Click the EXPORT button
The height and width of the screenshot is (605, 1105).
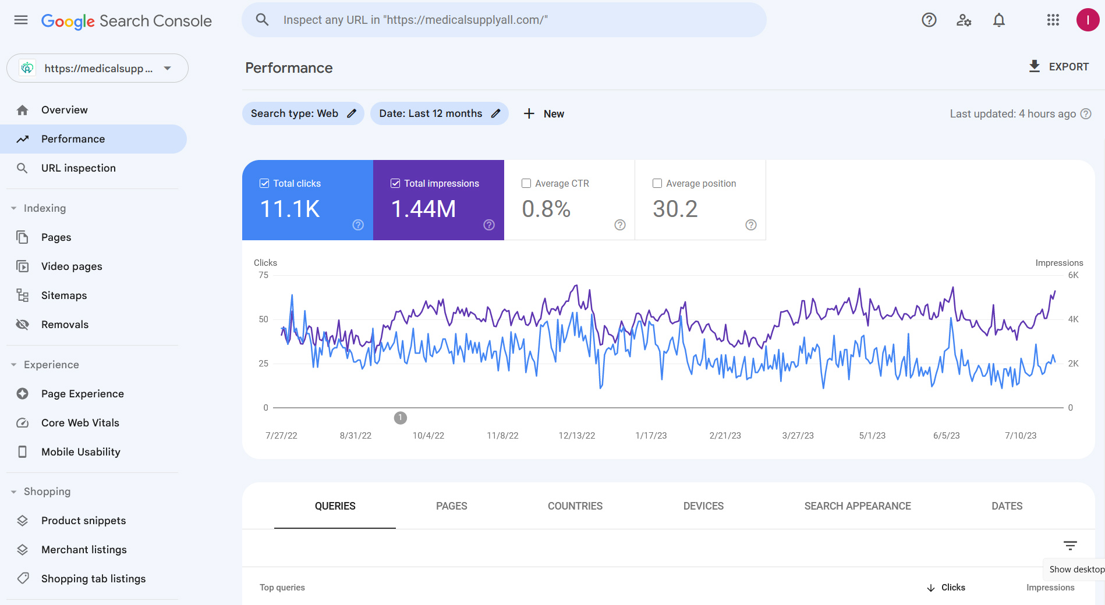(x=1058, y=67)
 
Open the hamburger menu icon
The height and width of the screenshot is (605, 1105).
(x=21, y=20)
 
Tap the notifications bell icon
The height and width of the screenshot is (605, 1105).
(x=999, y=20)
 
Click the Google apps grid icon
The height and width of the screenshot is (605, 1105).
(x=1053, y=20)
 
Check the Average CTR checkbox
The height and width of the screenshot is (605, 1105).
(x=526, y=183)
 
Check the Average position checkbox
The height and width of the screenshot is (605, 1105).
(x=657, y=183)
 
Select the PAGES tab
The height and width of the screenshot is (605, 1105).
(x=452, y=506)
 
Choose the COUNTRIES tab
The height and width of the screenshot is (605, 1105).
(x=575, y=506)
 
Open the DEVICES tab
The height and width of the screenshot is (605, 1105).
(x=703, y=506)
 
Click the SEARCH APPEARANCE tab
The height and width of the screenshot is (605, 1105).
(x=858, y=506)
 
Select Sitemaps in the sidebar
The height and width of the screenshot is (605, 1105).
(x=64, y=296)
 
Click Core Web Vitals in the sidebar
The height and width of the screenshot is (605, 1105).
(x=80, y=423)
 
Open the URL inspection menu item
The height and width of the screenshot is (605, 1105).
(x=79, y=168)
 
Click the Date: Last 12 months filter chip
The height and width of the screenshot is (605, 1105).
(x=440, y=113)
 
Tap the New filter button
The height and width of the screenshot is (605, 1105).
(x=544, y=114)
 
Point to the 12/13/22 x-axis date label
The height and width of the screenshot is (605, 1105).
(x=577, y=436)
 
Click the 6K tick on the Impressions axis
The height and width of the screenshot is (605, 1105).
(x=1073, y=275)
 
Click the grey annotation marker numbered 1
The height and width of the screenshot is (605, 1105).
(x=401, y=418)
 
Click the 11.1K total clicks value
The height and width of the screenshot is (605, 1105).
(x=290, y=209)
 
